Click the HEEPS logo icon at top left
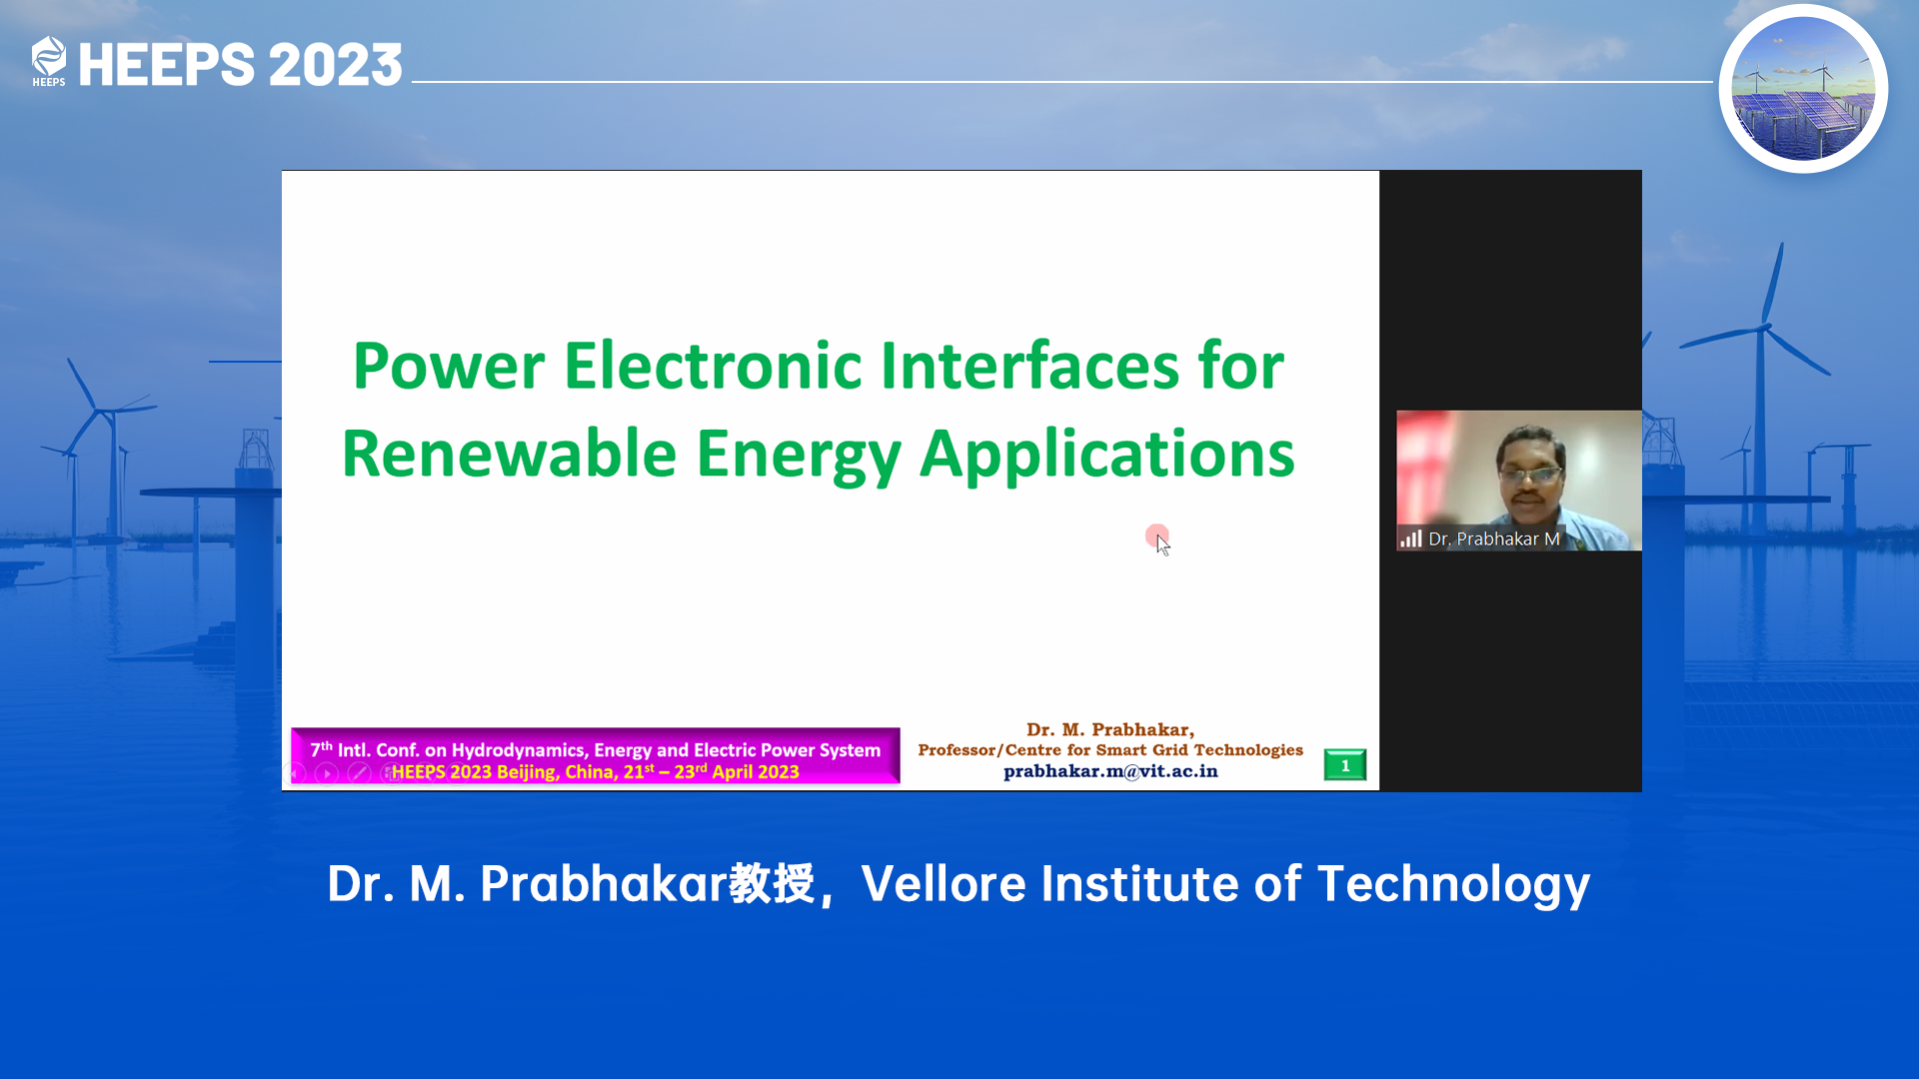click(x=48, y=61)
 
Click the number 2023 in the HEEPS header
click(x=335, y=65)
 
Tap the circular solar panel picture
click(x=1803, y=89)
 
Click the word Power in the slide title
click(x=449, y=366)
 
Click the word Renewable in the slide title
click(x=510, y=454)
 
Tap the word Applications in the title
click(x=1106, y=456)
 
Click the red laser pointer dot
click(x=1156, y=537)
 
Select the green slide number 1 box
click(x=1345, y=765)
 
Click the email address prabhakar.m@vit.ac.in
click(x=1110, y=771)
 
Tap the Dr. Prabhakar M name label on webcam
click(x=1494, y=539)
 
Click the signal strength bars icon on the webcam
click(x=1411, y=539)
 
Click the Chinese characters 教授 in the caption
click(x=772, y=884)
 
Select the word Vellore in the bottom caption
click(x=944, y=884)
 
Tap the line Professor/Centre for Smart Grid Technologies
click(x=1110, y=750)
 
